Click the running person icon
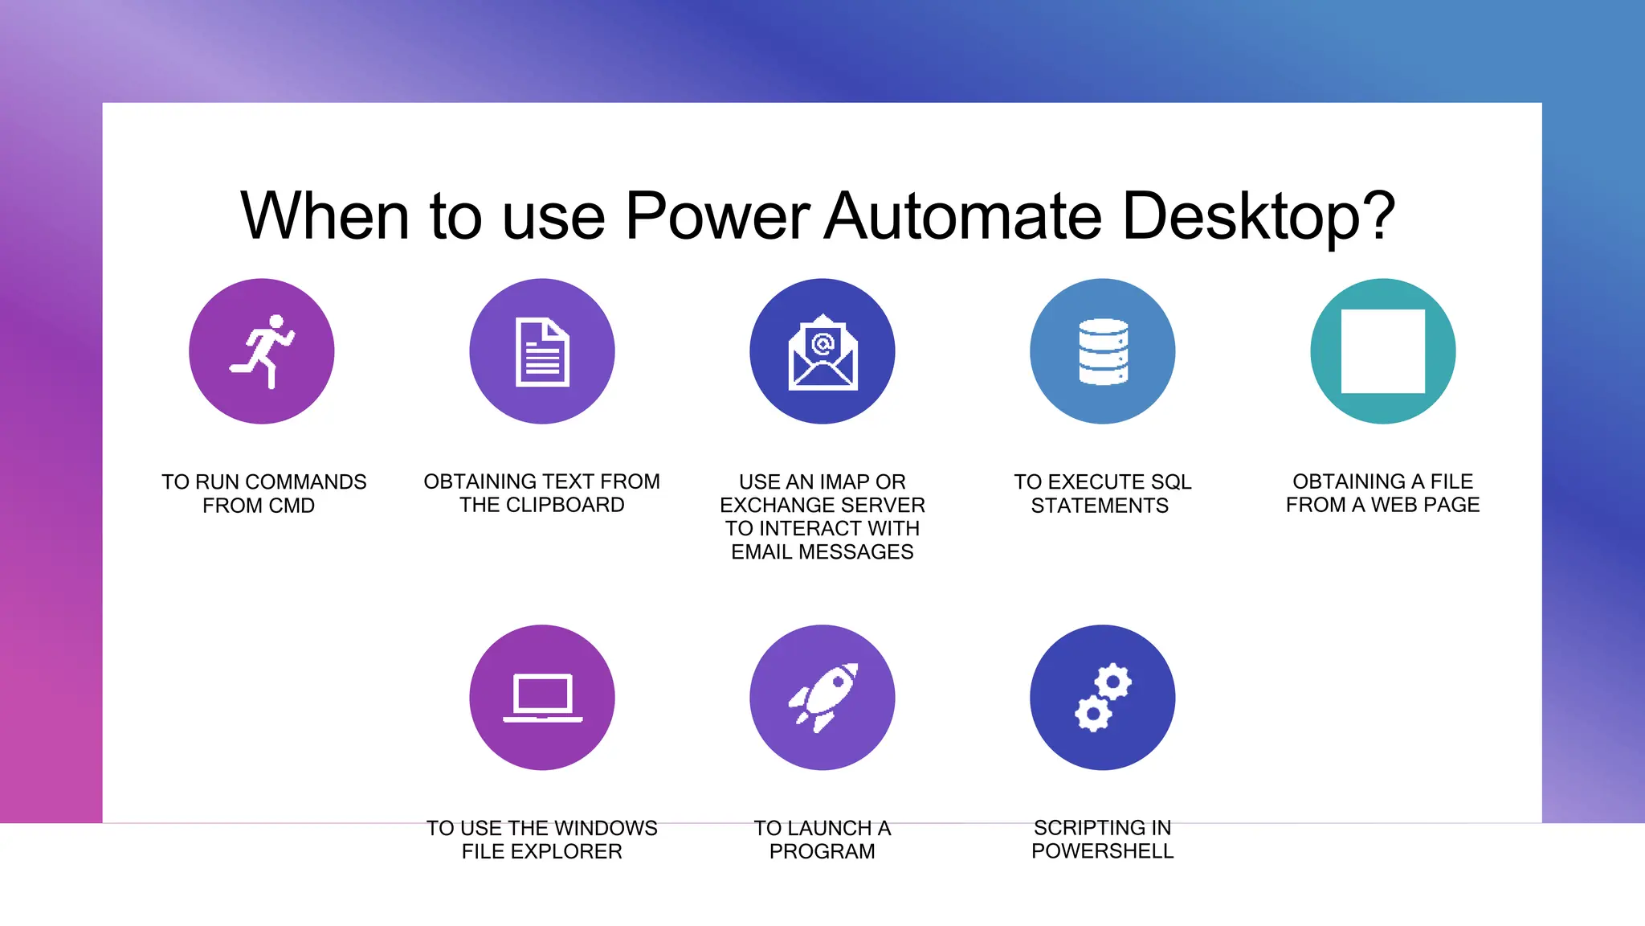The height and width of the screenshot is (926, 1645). [262, 351]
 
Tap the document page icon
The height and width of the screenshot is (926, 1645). [542, 352]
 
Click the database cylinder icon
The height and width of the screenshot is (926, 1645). [1103, 352]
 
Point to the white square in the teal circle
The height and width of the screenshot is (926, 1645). [1382, 351]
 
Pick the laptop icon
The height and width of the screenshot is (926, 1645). [542, 697]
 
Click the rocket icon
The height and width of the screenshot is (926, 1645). [822, 697]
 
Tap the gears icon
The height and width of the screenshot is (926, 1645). [1103, 697]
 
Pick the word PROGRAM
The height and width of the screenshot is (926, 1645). [822, 851]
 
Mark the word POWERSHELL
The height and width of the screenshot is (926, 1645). [1103, 851]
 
